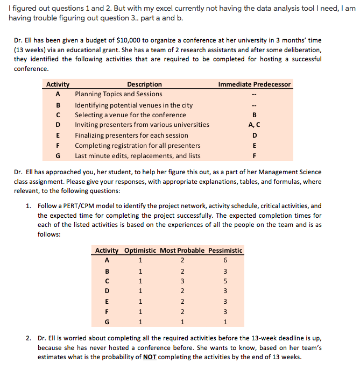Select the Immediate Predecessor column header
tap(254, 84)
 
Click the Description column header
tap(144, 84)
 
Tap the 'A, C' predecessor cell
tap(254, 125)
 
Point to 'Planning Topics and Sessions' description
tap(118, 94)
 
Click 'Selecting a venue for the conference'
tap(130, 115)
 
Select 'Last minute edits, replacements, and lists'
tap(138, 156)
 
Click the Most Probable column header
tap(183, 251)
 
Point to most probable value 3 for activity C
tap(183, 281)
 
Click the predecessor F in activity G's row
tap(254, 156)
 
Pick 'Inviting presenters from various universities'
tap(142, 125)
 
